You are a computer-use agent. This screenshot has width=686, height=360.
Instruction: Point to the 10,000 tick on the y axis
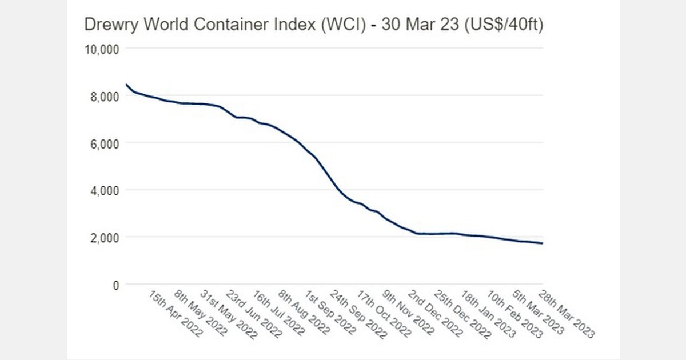pyautogui.click(x=101, y=49)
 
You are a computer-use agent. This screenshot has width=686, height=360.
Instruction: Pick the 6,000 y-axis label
pyautogui.click(x=103, y=143)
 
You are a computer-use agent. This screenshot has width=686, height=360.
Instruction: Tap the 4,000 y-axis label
pyautogui.click(x=103, y=190)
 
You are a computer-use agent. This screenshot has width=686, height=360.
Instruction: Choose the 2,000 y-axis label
pyautogui.click(x=103, y=237)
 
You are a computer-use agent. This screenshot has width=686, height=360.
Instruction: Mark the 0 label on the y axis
pyautogui.click(x=115, y=285)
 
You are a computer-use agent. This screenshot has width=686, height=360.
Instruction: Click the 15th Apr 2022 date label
pyautogui.click(x=175, y=313)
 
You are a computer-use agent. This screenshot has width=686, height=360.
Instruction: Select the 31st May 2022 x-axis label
pyautogui.click(x=228, y=313)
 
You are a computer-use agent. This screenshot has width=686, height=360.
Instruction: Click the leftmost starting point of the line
pyautogui.click(x=126, y=85)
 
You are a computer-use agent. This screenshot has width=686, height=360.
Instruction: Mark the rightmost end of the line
pyautogui.click(x=542, y=243)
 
